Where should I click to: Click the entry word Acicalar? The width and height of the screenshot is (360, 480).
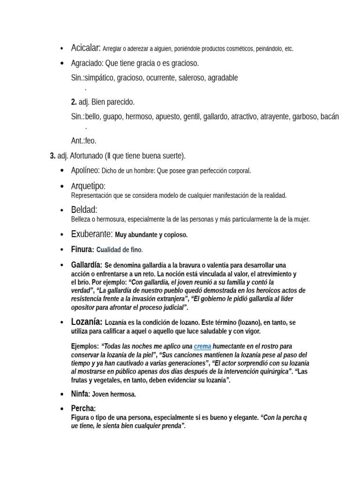coord(85,48)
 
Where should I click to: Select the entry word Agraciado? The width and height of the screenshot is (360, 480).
coord(87,63)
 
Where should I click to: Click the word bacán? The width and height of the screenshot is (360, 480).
coord(330,116)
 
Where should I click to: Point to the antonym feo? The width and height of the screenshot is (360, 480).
coord(90,141)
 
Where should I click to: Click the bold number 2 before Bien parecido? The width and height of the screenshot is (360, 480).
coord(74,102)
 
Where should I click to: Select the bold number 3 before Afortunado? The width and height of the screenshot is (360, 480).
coord(52,156)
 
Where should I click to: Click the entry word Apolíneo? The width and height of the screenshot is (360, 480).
coord(85,170)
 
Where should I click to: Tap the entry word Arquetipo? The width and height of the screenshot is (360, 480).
coord(88,186)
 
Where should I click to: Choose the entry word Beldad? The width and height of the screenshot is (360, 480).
coord(84,210)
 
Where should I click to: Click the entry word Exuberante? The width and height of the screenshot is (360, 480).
coord(92,234)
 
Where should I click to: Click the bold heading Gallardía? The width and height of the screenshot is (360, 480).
coord(86,265)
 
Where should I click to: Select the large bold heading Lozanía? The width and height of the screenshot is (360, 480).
coord(87,322)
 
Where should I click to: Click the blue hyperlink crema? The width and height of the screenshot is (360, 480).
coord(202,346)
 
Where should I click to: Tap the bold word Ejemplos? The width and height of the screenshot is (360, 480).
coord(85,346)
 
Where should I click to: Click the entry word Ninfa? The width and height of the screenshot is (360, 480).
coord(80,394)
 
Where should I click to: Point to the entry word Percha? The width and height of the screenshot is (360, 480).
coord(83,409)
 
